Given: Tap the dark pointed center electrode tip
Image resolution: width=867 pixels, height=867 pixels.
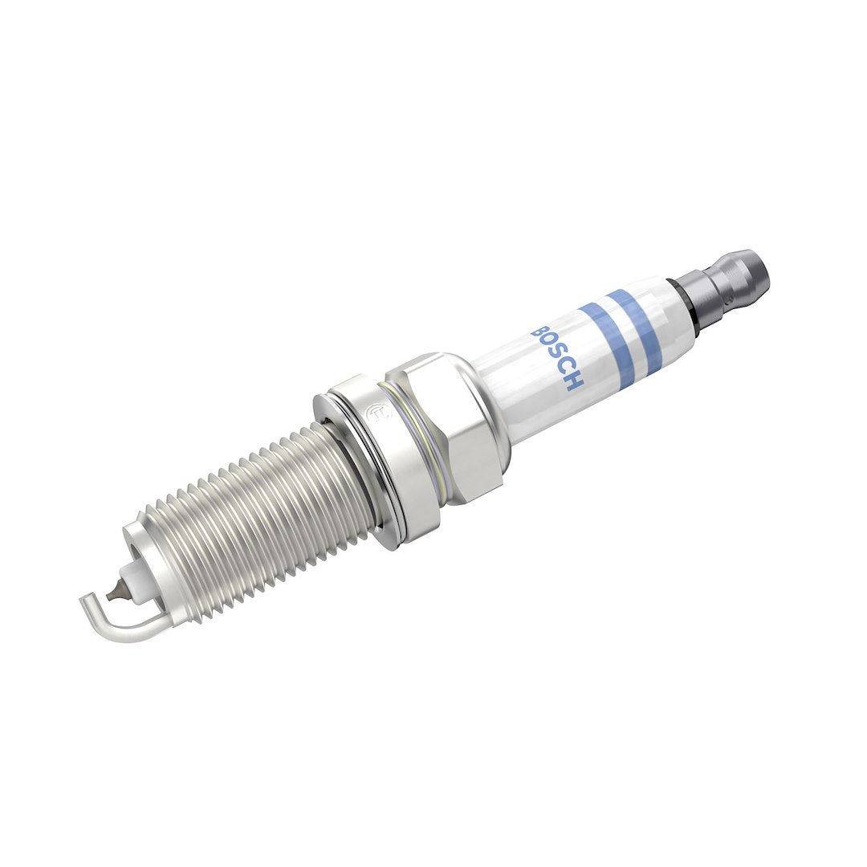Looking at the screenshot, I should [x=118, y=591].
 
